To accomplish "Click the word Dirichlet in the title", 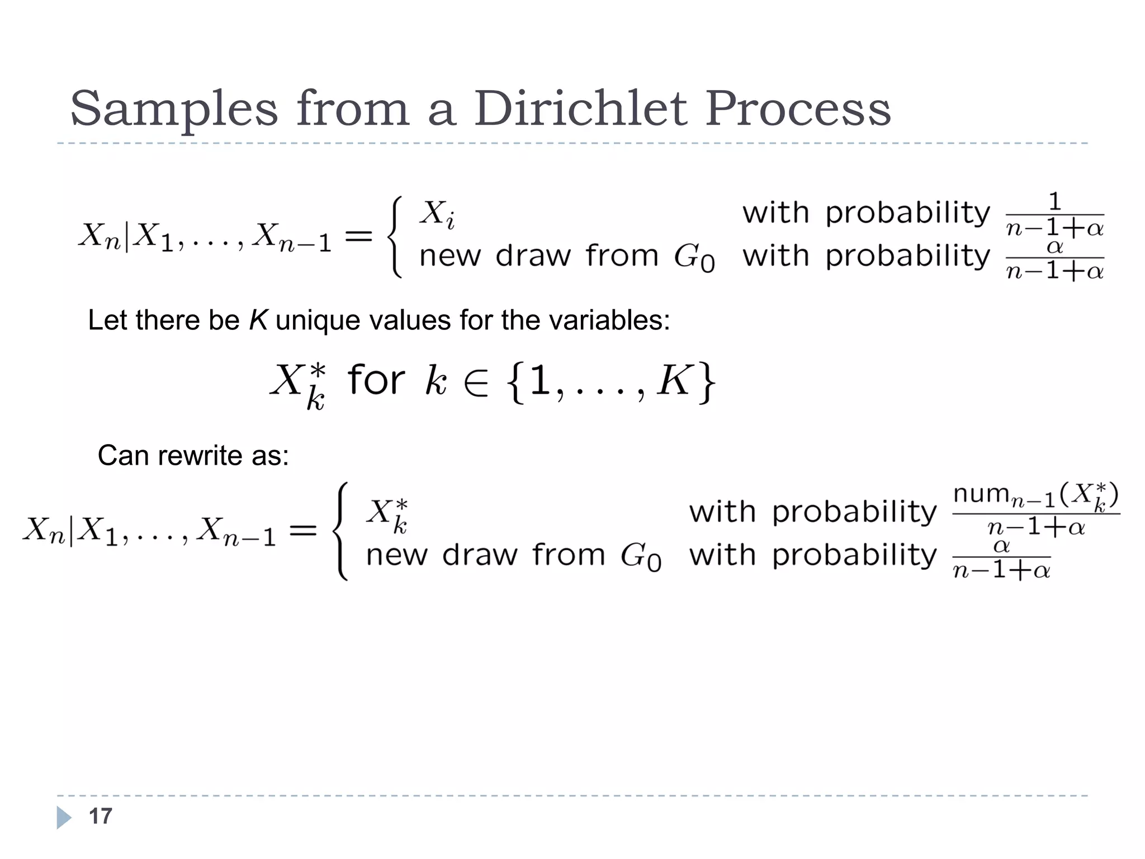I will point(580,108).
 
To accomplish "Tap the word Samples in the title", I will point(174,110).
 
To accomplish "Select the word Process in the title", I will point(798,108).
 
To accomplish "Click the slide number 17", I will point(101,816).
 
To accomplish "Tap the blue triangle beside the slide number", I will point(64,818).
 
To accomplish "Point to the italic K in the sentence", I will point(258,320).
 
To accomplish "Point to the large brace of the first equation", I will point(395,237).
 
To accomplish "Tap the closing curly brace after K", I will point(707,382).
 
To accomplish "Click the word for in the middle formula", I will point(376,380).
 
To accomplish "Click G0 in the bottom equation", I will point(641,556).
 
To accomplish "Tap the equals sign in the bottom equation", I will point(303,530).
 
